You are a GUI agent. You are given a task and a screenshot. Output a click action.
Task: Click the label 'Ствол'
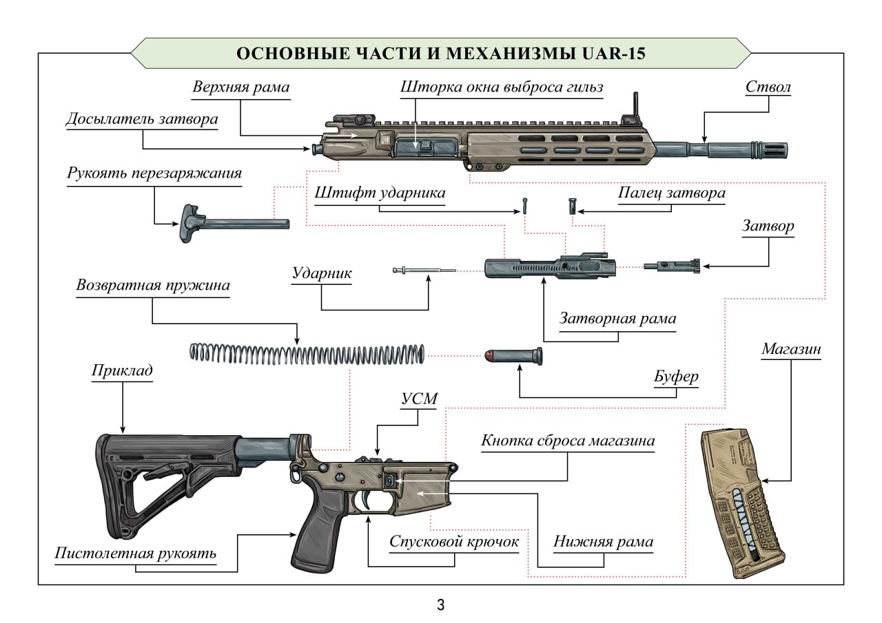[768, 88]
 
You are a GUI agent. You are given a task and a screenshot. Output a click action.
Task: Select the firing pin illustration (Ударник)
[424, 271]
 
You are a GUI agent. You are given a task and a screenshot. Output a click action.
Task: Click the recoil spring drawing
[307, 353]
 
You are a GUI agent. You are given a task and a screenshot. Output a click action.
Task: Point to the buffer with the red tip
[513, 356]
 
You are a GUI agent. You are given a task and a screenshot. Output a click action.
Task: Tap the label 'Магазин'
[791, 349]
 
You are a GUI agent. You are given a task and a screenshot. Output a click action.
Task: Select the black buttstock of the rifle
[158, 475]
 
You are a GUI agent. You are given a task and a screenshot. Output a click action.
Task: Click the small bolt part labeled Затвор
[672, 266]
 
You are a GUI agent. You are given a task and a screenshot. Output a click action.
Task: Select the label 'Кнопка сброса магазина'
[567, 441]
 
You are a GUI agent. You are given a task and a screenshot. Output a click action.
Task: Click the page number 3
[440, 606]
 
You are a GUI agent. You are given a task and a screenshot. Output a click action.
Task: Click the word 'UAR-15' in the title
[612, 54]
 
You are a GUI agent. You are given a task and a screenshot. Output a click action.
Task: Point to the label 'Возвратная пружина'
[153, 284]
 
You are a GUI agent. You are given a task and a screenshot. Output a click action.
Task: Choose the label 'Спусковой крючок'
[453, 542]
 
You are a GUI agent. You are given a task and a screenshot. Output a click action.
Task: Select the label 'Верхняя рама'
[240, 88]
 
